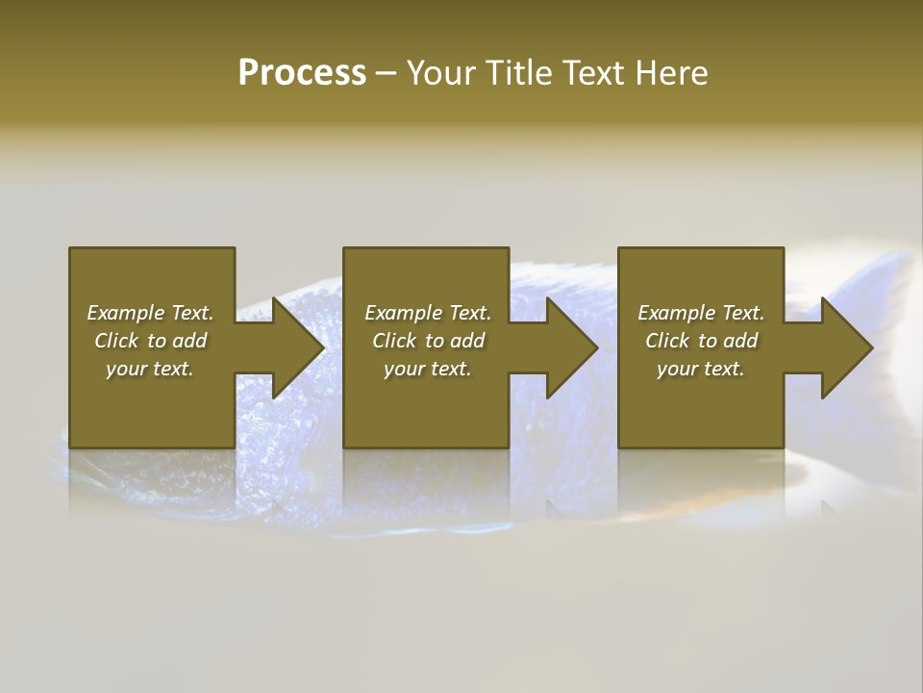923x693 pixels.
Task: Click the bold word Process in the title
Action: (x=302, y=73)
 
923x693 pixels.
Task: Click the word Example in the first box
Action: (x=125, y=313)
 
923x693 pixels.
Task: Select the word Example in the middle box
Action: (x=403, y=313)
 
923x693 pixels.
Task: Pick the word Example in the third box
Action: (x=676, y=313)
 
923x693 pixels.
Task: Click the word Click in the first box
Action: (x=116, y=341)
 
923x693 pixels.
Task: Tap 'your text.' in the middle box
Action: (x=427, y=369)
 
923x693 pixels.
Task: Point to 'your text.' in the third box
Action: (x=700, y=369)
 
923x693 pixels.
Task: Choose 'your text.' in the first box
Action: (x=149, y=369)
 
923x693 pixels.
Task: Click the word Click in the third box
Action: (x=667, y=341)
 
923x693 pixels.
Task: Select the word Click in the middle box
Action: (x=394, y=341)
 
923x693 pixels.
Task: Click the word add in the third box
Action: (x=739, y=341)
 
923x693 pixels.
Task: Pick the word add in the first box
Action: (x=188, y=341)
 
